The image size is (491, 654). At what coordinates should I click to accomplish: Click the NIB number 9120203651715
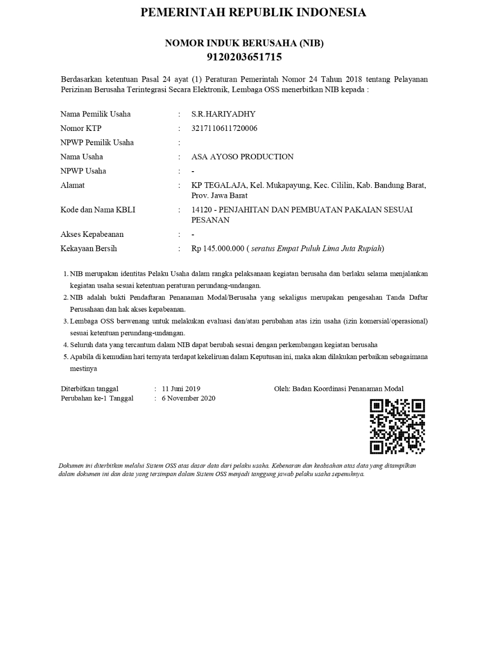244,57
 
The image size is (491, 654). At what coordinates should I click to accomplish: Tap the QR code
397,426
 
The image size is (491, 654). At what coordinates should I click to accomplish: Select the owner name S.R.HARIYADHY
223,114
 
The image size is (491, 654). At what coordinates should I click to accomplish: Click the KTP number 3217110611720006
224,128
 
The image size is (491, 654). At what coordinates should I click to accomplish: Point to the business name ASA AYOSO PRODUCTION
242,157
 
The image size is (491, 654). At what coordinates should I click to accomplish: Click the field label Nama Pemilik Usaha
95,114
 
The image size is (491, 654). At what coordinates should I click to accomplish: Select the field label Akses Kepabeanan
92,234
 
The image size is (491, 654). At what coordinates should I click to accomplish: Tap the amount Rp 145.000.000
218,248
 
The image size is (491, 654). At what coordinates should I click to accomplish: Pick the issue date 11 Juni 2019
181,389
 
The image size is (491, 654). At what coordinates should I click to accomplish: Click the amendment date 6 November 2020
188,398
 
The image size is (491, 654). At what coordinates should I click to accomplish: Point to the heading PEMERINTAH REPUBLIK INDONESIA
253,12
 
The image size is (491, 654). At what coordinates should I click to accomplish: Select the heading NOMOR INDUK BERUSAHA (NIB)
244,43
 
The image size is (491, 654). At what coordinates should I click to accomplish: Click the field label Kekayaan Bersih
89,248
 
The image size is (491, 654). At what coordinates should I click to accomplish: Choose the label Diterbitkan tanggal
90,389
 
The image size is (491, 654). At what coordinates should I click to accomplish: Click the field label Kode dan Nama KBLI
98,210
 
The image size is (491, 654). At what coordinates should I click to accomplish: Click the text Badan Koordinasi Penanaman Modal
348,389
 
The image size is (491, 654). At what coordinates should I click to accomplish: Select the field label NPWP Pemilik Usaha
97,142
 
